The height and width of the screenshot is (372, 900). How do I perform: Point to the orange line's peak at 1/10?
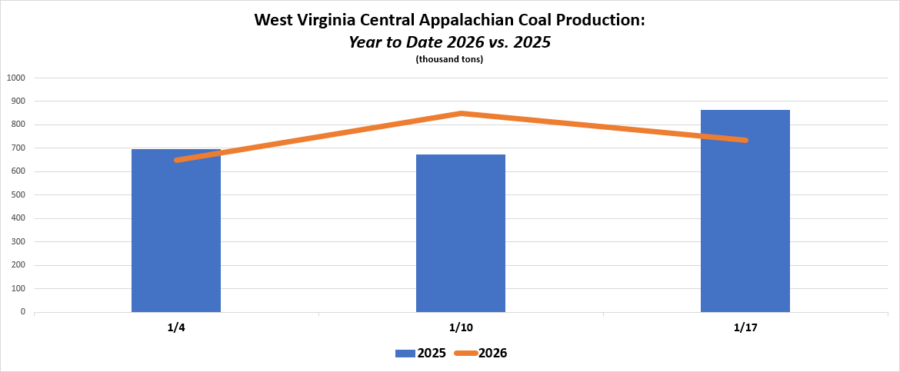[x=461, y=114]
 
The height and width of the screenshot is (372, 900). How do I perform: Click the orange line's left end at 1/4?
[x=178, y=160]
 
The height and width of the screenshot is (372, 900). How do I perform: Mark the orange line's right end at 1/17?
[x=745, y=140]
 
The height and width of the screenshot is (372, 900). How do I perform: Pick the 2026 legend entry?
[x=481, y=354]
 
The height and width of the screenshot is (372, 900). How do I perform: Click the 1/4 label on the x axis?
[x=176, y=327]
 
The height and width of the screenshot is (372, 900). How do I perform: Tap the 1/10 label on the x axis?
[x=461, y=327]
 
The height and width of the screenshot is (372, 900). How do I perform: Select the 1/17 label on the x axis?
[x=745, y=327]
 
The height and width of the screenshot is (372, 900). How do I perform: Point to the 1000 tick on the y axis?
[x=16, y=78]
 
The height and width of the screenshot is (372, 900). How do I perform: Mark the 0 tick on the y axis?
[x=22, y=313]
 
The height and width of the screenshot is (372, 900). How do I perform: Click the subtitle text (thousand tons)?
[x=449, y=60]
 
